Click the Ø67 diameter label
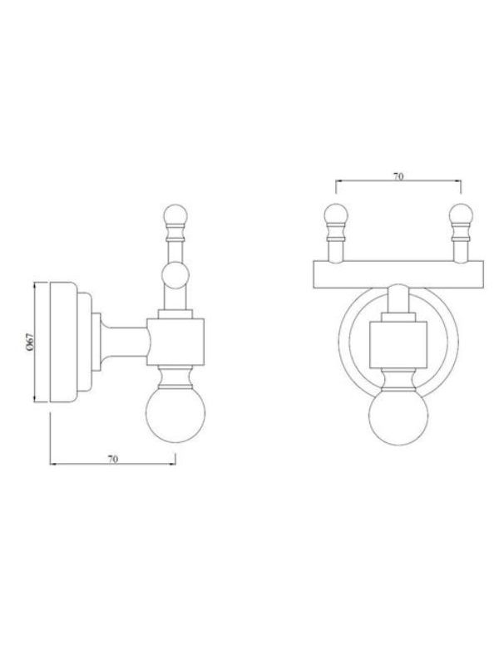pos(29,342)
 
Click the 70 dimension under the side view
pos(112,459)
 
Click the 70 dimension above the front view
pos(398,176)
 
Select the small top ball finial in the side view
pos(175,215)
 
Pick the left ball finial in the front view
pos(336,214)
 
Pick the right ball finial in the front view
pos(462,214)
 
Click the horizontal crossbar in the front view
pos(398,274)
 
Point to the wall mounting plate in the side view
pos(63,342)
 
